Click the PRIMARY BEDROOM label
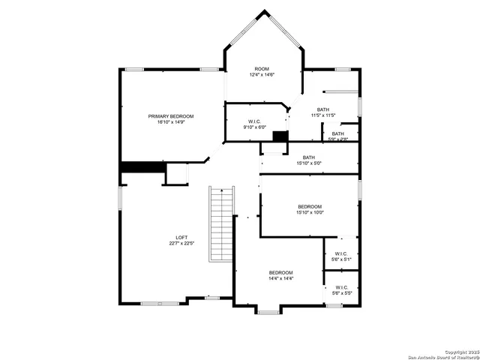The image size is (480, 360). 170,116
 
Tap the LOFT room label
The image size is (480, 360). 181,238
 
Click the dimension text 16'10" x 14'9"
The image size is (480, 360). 170,122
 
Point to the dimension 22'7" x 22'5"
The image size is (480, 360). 181,244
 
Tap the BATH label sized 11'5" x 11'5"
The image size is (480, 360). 322,109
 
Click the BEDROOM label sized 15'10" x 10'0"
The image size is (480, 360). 309,206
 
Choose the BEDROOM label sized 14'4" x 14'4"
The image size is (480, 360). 281,272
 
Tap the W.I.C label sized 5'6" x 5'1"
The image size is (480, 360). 341,253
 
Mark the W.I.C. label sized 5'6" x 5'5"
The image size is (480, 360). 341,287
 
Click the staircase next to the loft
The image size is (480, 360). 220,225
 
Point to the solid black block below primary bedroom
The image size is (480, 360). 142,167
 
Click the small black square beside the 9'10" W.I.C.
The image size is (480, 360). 280,136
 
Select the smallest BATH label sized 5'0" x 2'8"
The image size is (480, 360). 338,133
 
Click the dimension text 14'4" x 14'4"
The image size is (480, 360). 281,278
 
